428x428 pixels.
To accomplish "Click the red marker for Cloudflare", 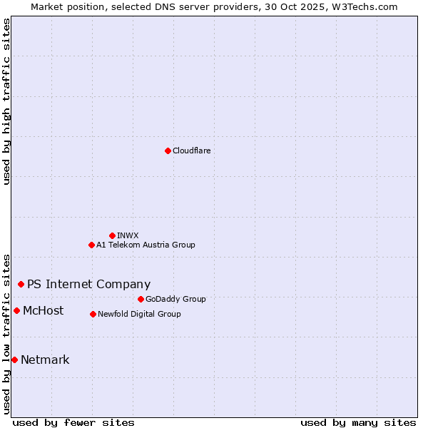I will pos(168,151).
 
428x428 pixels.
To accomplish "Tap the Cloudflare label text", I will pos(191,151).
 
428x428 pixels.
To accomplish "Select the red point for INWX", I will pos(112,235).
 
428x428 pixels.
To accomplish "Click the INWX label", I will pos(128,235).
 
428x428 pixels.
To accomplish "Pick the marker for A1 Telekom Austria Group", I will pos(91,245).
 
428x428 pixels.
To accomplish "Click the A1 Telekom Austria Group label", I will pos(146,245).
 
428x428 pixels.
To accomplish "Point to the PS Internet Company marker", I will pos(21,284).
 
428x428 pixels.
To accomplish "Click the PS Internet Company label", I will pos(88,284).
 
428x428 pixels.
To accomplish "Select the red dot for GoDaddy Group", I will pos(141,299).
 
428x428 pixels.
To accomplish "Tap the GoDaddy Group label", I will pos(175,299).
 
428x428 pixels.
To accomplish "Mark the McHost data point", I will pos(16,310).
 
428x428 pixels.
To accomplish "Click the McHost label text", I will pos(43,310).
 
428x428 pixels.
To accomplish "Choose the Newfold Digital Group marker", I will pos(93,314).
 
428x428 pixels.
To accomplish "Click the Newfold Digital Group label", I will pos(139,314).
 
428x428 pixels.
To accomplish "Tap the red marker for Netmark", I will pos(14,360).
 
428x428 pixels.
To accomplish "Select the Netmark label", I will pos(45,360).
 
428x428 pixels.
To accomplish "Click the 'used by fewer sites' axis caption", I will pos(73,422).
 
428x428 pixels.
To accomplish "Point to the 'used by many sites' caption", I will pos(358,422).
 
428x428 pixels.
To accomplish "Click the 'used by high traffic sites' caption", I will pos(6,101).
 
